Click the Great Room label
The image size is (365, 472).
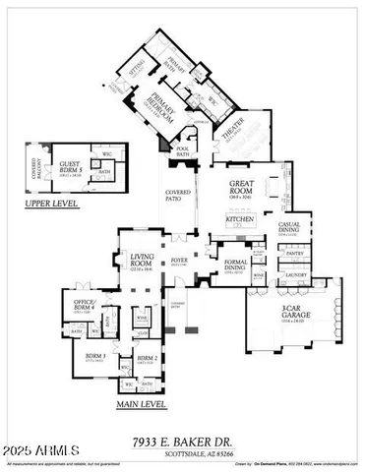[243, 186]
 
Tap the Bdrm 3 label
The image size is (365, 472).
[95, 357]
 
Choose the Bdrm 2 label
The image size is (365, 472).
[147, 357]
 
